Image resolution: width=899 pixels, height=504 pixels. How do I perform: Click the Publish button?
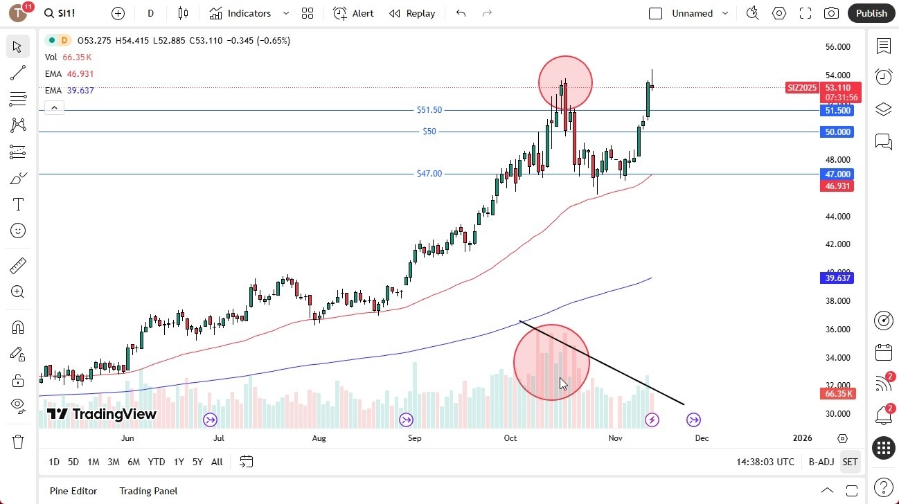(x=871, y=13)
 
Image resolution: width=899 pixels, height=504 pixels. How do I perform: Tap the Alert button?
(x=353, y=13)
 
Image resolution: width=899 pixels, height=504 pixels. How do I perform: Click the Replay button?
(x=412, y=13)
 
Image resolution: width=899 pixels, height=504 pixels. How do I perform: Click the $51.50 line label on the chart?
(x=429, y=110)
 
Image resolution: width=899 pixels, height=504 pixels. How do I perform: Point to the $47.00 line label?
(x=429, y=174)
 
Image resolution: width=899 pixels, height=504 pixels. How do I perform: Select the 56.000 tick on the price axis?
(x=837, y=47)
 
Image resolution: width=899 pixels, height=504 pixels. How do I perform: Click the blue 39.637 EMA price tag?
(x=837, y=278)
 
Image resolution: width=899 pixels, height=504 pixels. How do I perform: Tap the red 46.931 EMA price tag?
(x=837, y=186)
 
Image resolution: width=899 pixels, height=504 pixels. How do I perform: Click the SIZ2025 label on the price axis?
(x=802, y=88)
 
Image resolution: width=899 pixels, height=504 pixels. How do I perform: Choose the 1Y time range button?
(x=179, y=462)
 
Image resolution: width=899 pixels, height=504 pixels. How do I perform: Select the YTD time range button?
(x=157, y=462)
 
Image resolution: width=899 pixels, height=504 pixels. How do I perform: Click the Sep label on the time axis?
(x=414, y=438)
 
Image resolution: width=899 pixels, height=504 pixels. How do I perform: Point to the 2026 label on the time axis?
(x=802, y=438)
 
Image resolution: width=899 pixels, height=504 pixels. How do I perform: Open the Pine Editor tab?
(x=73, y=491)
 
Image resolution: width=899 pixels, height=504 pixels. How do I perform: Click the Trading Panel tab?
(x=148, y=491)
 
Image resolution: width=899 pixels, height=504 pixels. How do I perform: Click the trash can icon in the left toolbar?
(x=18, y=442)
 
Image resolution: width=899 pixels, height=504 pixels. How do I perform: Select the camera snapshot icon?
(x=831, y=13)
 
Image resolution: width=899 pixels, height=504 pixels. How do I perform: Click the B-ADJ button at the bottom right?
(x=821, y=462)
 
